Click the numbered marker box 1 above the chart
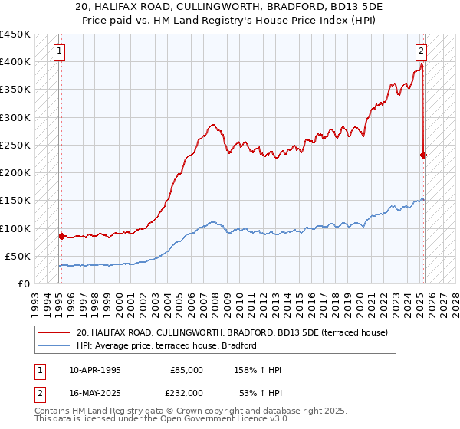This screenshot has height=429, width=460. (x=60, y=52)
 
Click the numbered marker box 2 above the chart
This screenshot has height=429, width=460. (x=421, y=52)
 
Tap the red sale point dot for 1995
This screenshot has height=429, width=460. (x=61, y=236)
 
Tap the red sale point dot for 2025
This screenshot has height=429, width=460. (x=423, y=155)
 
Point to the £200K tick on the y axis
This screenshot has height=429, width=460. (x=15, y=173)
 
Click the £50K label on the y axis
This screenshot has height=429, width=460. (x=18, y=256)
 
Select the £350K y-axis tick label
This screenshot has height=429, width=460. (x=15, y=90)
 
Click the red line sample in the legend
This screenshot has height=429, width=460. (x=54, y=332)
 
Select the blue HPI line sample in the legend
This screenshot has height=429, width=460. (x=54, y=345)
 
